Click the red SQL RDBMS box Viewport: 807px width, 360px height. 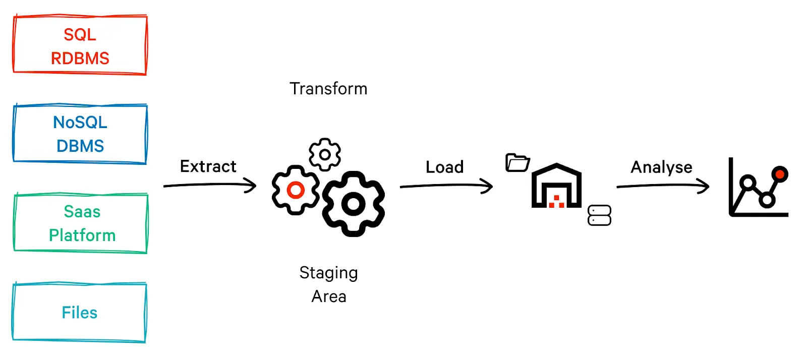tap(80, 45)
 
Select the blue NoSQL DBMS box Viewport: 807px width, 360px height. tap(80, 134)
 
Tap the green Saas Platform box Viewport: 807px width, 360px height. tap(81, 223)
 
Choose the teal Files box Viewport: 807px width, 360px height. tap(79, 313)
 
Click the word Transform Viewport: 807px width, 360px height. tap(328, 89)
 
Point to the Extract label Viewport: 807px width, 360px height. tap(208, 166)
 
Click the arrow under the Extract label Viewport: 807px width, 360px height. tap(210, 185)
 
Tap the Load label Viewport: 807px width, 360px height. tap(444, 167)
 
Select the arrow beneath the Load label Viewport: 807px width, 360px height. tap(446, 186)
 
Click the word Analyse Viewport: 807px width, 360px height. tap(661, 167)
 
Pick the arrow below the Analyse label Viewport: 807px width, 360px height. tap(663, 186)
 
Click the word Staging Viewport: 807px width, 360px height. tap(328, 273)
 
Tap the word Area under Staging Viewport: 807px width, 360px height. tap(328, 296)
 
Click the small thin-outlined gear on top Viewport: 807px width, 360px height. tap(325, 154)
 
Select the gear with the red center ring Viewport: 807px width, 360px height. tap(296, 190)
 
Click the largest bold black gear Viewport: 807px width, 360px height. tap(354, 204)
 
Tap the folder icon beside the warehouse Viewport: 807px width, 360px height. tap(517, 162)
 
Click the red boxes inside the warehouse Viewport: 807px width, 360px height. tap(556, 202)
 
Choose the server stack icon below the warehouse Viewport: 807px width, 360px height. tap(599, 215)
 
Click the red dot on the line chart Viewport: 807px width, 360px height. tap(780, 174)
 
